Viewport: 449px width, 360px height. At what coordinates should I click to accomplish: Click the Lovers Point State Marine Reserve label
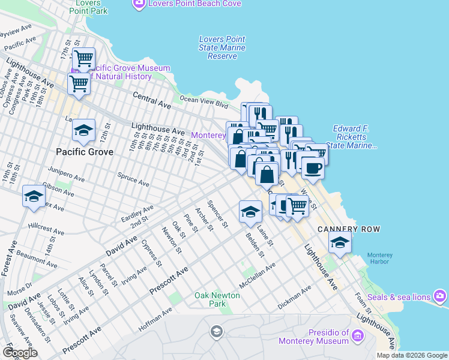pyautogui.click(x=222, y=48)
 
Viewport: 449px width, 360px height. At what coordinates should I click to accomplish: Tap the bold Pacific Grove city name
pyautogui.click(x=85, y=152)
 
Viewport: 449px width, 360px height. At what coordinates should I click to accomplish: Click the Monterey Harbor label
pyautogui.click(x=379, y=259)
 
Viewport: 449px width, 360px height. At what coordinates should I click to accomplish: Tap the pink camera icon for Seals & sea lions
pyautogui.click(x=441, y=296)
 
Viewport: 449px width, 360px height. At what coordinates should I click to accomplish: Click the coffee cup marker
pyautogui.click(x=312, y=167)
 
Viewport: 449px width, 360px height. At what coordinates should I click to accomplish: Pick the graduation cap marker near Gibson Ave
pyautogui.click(x=34, y=196)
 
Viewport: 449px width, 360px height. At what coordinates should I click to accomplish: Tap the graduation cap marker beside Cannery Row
pyautogui.click(x=340, y=243)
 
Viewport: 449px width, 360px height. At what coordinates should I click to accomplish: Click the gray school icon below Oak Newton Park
pyautogui.click(x=216, y=331)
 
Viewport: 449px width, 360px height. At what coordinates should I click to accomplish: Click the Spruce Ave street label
pyautogui.click(x=133, y=179)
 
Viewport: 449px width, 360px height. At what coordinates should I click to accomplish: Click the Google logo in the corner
pyautogui.click(x=20, y=353)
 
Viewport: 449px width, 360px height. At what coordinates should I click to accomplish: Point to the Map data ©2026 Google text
pyautogui.click(x=412, y=355)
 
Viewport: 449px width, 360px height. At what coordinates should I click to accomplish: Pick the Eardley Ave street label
pyautogui.click(x=137, y=213)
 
